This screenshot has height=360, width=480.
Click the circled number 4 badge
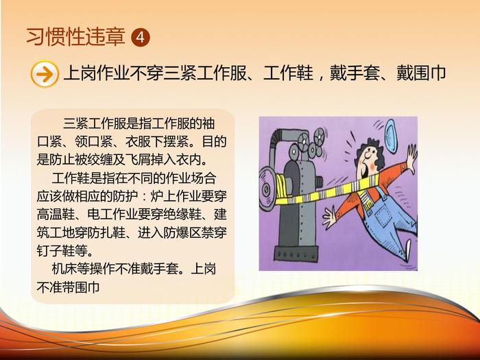tap(141, 37)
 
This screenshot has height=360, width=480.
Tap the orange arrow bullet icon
tap(45, 74)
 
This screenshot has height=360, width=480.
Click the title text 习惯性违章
tap(76, 37)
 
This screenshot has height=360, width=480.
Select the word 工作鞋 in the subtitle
tap(289, 73)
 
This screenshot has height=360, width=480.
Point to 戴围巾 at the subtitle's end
tap(421, 73)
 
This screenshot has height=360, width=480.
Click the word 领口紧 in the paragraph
tap(95, 142)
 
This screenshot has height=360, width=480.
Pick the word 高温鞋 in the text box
tap(56, 214)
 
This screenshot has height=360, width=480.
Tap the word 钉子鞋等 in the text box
tap(62, 251)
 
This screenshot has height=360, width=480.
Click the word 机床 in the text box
tap(64, 269)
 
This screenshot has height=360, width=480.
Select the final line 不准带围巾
tap(69, 287)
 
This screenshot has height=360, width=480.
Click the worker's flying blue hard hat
tap(391, 136)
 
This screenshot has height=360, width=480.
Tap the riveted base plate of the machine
tap(296, 254)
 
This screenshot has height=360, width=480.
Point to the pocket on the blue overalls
tap(383, 215)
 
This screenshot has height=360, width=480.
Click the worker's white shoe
tap(408, 250)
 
